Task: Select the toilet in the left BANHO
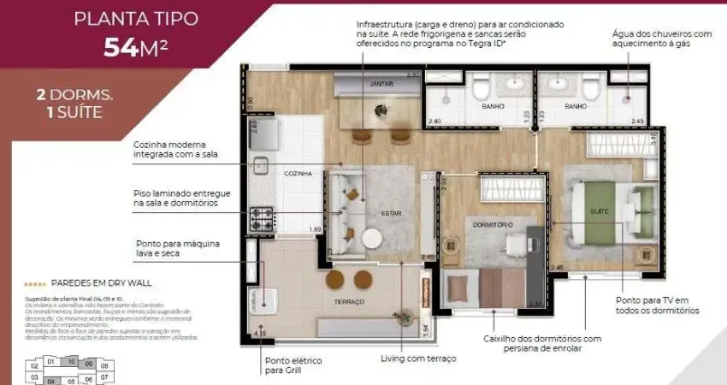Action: click(x=479, y=87)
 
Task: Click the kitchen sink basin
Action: click(x=259, y=166)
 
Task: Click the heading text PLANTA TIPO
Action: click(x=136, y=18)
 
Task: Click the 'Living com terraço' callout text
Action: click(x=419, y=358)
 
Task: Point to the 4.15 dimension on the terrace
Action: click(x=260, y=333)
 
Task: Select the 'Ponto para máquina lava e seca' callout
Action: click(x=179, y=248)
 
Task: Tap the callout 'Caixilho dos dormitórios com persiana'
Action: click(x=541, y=343)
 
